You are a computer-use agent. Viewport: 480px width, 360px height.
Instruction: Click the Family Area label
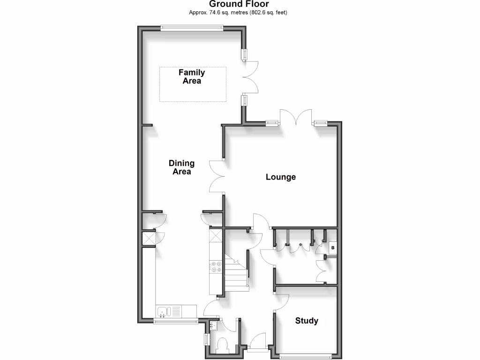(x=192, y=76)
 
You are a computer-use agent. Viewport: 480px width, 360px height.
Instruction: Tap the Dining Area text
(x=181, y=167)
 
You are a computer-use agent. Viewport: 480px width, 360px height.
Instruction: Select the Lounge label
(x=281, y=177)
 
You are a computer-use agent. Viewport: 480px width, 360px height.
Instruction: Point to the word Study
(x=307, y=321)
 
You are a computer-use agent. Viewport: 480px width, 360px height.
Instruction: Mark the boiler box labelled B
(x=333, y=247)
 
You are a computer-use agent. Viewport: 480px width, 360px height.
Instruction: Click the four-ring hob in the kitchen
(x=216, y=266)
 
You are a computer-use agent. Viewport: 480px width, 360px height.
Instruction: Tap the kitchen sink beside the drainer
(x=163, y=311)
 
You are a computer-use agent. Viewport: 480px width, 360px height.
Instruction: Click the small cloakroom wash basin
(x=213, y=325)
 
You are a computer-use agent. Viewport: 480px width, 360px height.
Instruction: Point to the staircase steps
(x=236, y=277)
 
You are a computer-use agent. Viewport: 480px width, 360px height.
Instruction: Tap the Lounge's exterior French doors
(x=296, y=117)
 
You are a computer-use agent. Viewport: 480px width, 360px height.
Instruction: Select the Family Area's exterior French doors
(x=251, y=77)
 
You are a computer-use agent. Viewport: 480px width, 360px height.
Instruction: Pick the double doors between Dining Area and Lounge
(x=217, y=176)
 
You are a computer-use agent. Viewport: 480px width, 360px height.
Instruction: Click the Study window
(x=307, y=357)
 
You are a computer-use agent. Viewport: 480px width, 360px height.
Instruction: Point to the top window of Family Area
(x=192, y=28)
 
